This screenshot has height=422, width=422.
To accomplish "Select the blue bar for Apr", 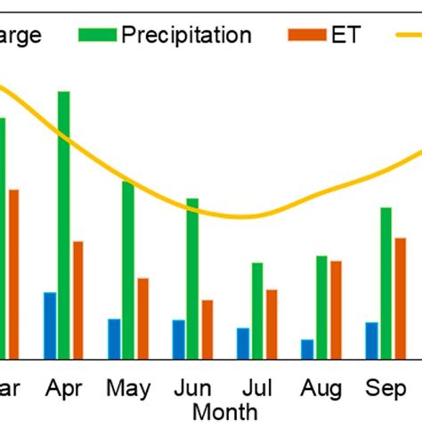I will coord(50,325).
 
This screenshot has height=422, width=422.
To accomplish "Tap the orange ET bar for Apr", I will coord(78,299).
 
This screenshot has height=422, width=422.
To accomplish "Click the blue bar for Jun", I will coord(178,338).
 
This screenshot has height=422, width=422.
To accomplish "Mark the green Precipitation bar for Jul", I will coord(256,310).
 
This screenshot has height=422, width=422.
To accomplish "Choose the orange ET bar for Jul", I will coord(272,323).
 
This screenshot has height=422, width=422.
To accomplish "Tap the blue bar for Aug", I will coord(307,348).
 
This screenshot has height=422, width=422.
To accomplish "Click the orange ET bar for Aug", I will coord(336,309).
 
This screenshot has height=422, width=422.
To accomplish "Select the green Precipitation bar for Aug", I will coord(321,306).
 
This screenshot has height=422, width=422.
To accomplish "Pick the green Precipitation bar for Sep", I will coord(385,282).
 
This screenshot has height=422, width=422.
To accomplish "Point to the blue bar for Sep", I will coord(371,340).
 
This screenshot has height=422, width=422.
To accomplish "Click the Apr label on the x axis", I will coord(64,389).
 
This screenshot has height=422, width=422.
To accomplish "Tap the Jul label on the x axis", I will coord(256,389).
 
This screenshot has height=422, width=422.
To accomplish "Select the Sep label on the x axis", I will coord(385,389).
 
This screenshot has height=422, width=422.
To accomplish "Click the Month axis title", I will coord(225,410).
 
